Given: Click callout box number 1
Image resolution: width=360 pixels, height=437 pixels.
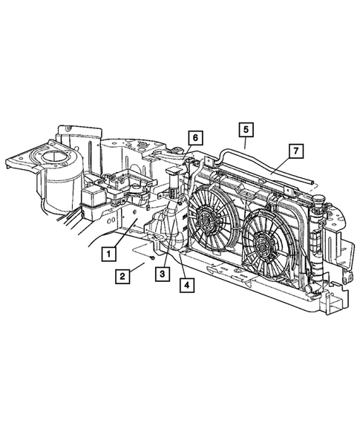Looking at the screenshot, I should (x=108, y=254).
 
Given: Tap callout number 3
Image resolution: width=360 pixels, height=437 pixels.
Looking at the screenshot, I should (x=160, y=274).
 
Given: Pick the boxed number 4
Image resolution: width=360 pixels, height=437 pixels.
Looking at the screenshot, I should (x=185, y=283).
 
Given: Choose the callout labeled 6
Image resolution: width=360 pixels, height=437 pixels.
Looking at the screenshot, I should (x=194, y=137).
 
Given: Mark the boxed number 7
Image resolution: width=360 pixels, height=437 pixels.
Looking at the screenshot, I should (x=295, y=151).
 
